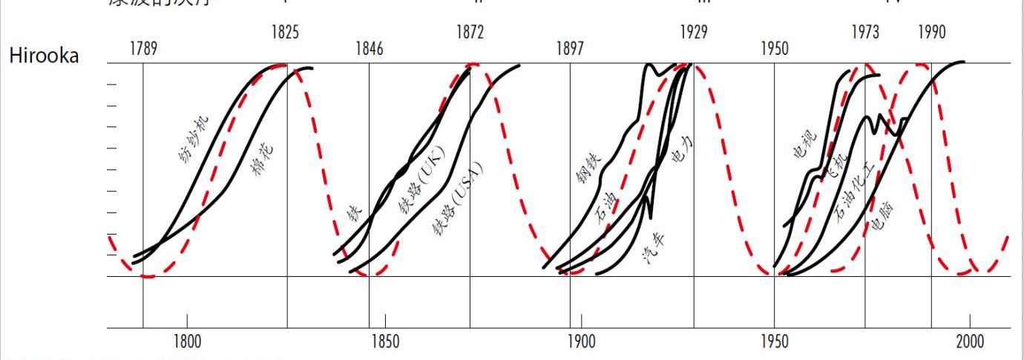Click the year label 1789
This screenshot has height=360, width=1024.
tap(143, 50)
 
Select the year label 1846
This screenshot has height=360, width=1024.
tap(370, 50)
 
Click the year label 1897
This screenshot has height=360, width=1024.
tap(570, 50)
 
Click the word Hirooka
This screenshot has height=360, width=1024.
tap(44, 56)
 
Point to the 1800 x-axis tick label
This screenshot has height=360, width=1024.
tap(187, 342)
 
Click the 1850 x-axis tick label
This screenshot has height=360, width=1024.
tap(384, 342)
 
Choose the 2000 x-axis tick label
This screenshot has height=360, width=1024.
tap(969, 342)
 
